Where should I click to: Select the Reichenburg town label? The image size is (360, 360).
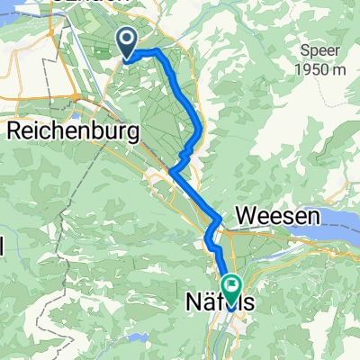pos(73,131)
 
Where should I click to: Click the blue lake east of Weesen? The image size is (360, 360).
pos(337,222)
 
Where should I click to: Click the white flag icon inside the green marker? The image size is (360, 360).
pos(232,287)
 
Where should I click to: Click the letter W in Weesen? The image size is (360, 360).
pos(247,217)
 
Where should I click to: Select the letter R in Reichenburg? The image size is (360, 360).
pos(15,131)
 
